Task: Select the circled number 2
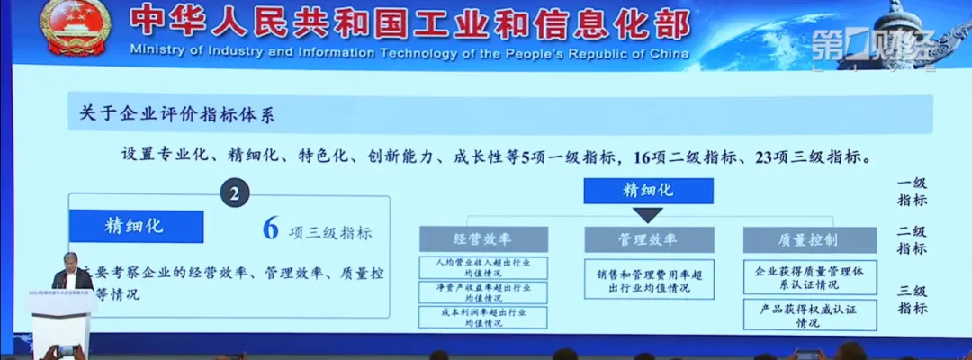click(234, 193)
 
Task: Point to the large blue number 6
click(269, 229)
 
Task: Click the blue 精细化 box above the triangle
click(648, 190)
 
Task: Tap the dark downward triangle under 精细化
click(648, 215)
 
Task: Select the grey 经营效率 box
click(482, 239)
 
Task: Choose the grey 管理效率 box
click(648, 239)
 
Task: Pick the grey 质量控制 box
click(810, 239)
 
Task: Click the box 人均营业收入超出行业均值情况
click(482, 267)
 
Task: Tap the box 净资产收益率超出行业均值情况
click(482, 292)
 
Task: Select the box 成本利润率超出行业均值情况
click(482, 317)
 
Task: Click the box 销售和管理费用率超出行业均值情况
click(648, 279)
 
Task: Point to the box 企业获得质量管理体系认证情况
click(810, 278)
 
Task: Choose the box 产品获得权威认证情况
click(810, 315)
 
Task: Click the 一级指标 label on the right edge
click(912, 192)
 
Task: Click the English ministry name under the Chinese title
click(409, 51)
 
